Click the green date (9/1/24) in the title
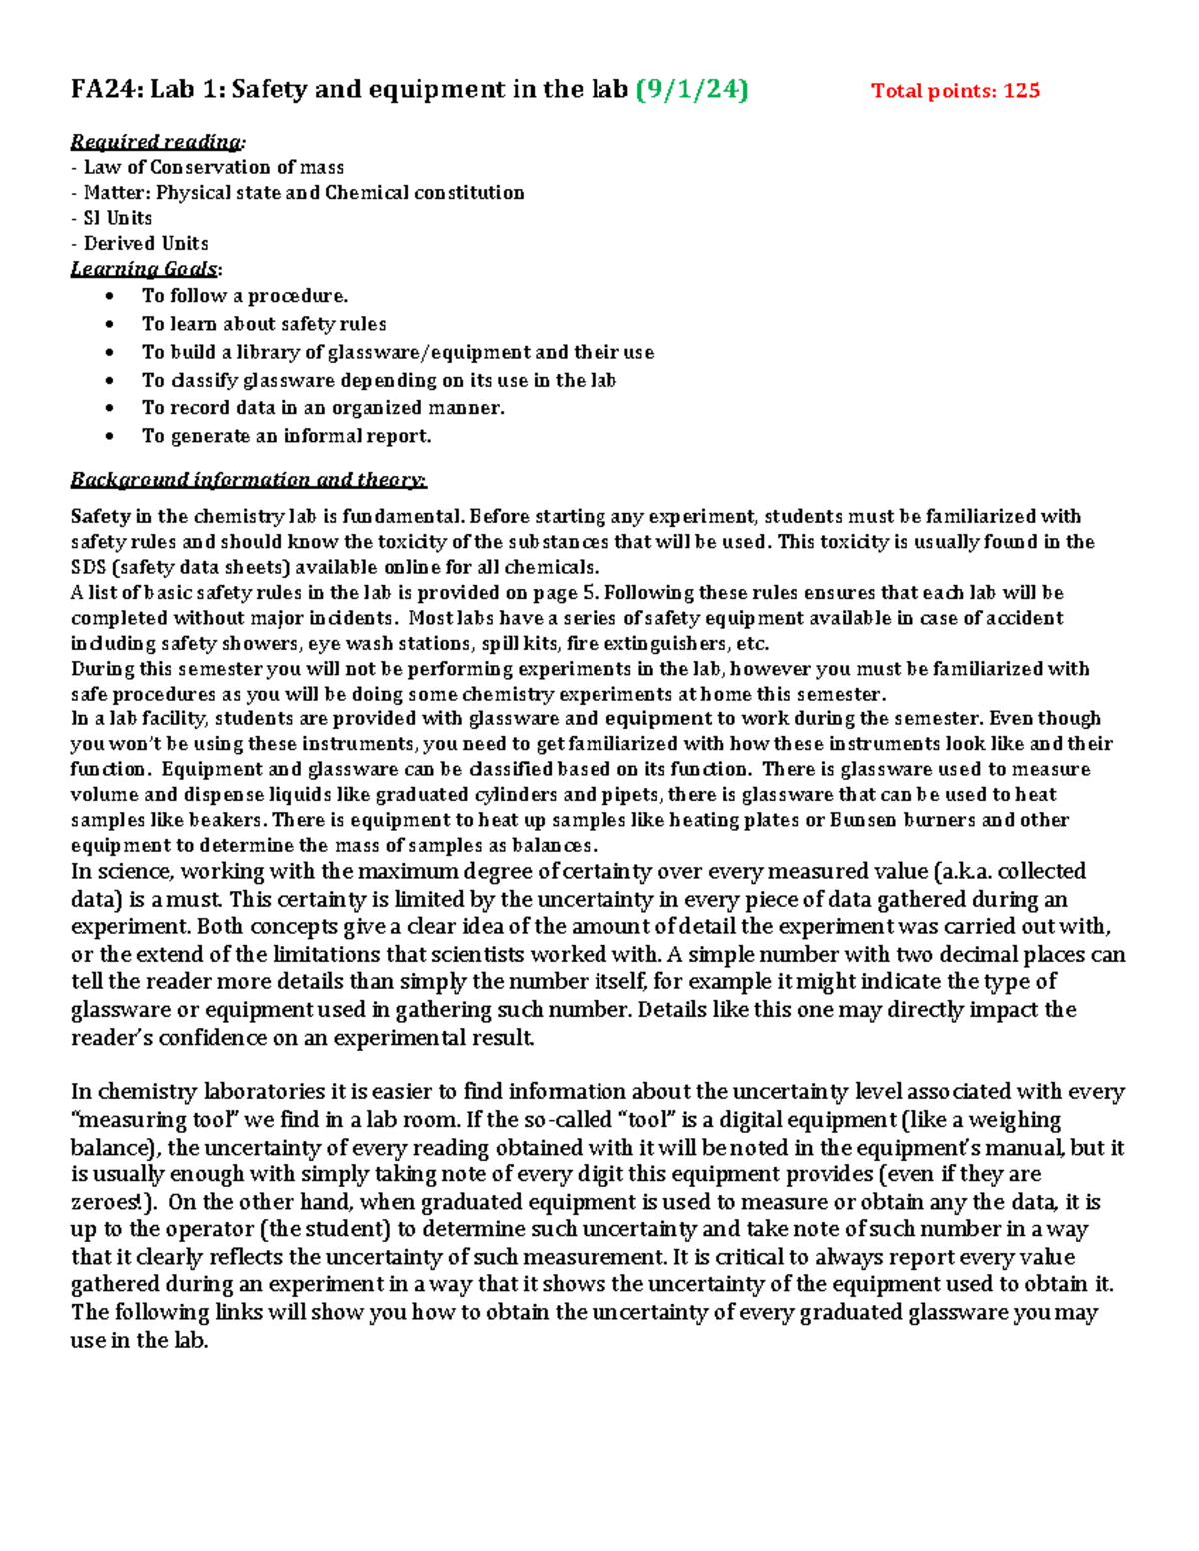[692, 90]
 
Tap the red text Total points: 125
[955, 91]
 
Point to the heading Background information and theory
[248, 480]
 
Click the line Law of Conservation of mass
[213, 168]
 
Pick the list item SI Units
[117, 218]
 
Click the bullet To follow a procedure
[244, 296]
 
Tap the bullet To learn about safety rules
[263, 324]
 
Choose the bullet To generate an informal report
[286, 436]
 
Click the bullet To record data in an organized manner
[322, 408]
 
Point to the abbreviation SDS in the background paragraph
[88, 568]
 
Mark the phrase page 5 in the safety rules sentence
[566, 593]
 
